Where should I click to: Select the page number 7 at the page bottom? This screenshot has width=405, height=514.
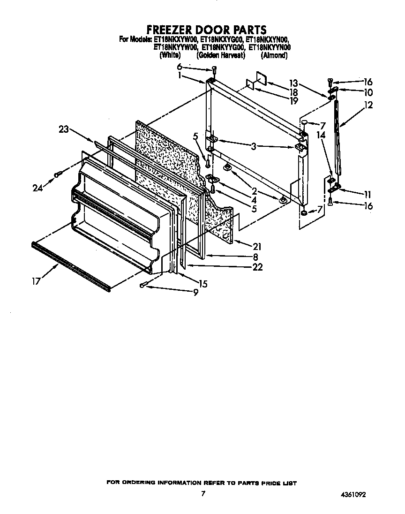202,493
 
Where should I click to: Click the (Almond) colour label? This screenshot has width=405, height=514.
274,55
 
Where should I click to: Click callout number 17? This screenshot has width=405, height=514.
36,281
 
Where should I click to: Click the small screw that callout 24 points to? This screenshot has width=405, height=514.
58,174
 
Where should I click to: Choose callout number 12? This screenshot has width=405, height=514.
368,106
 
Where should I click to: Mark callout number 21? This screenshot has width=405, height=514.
257,247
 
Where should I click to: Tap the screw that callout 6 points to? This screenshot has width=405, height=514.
214,70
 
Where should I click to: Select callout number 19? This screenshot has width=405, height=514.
294,100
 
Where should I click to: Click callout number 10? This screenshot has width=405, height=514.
368,92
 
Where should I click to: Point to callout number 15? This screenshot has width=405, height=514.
202,284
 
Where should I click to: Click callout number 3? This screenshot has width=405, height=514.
253,147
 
